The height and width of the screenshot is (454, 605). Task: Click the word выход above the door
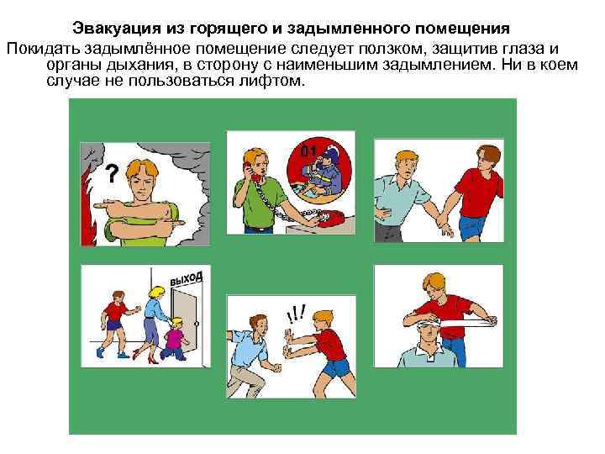point(186,277)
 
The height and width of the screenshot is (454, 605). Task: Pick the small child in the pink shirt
point(174,336)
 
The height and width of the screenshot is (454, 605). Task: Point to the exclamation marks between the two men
point(294,314)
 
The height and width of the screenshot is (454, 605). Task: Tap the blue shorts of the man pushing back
point(334,367)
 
